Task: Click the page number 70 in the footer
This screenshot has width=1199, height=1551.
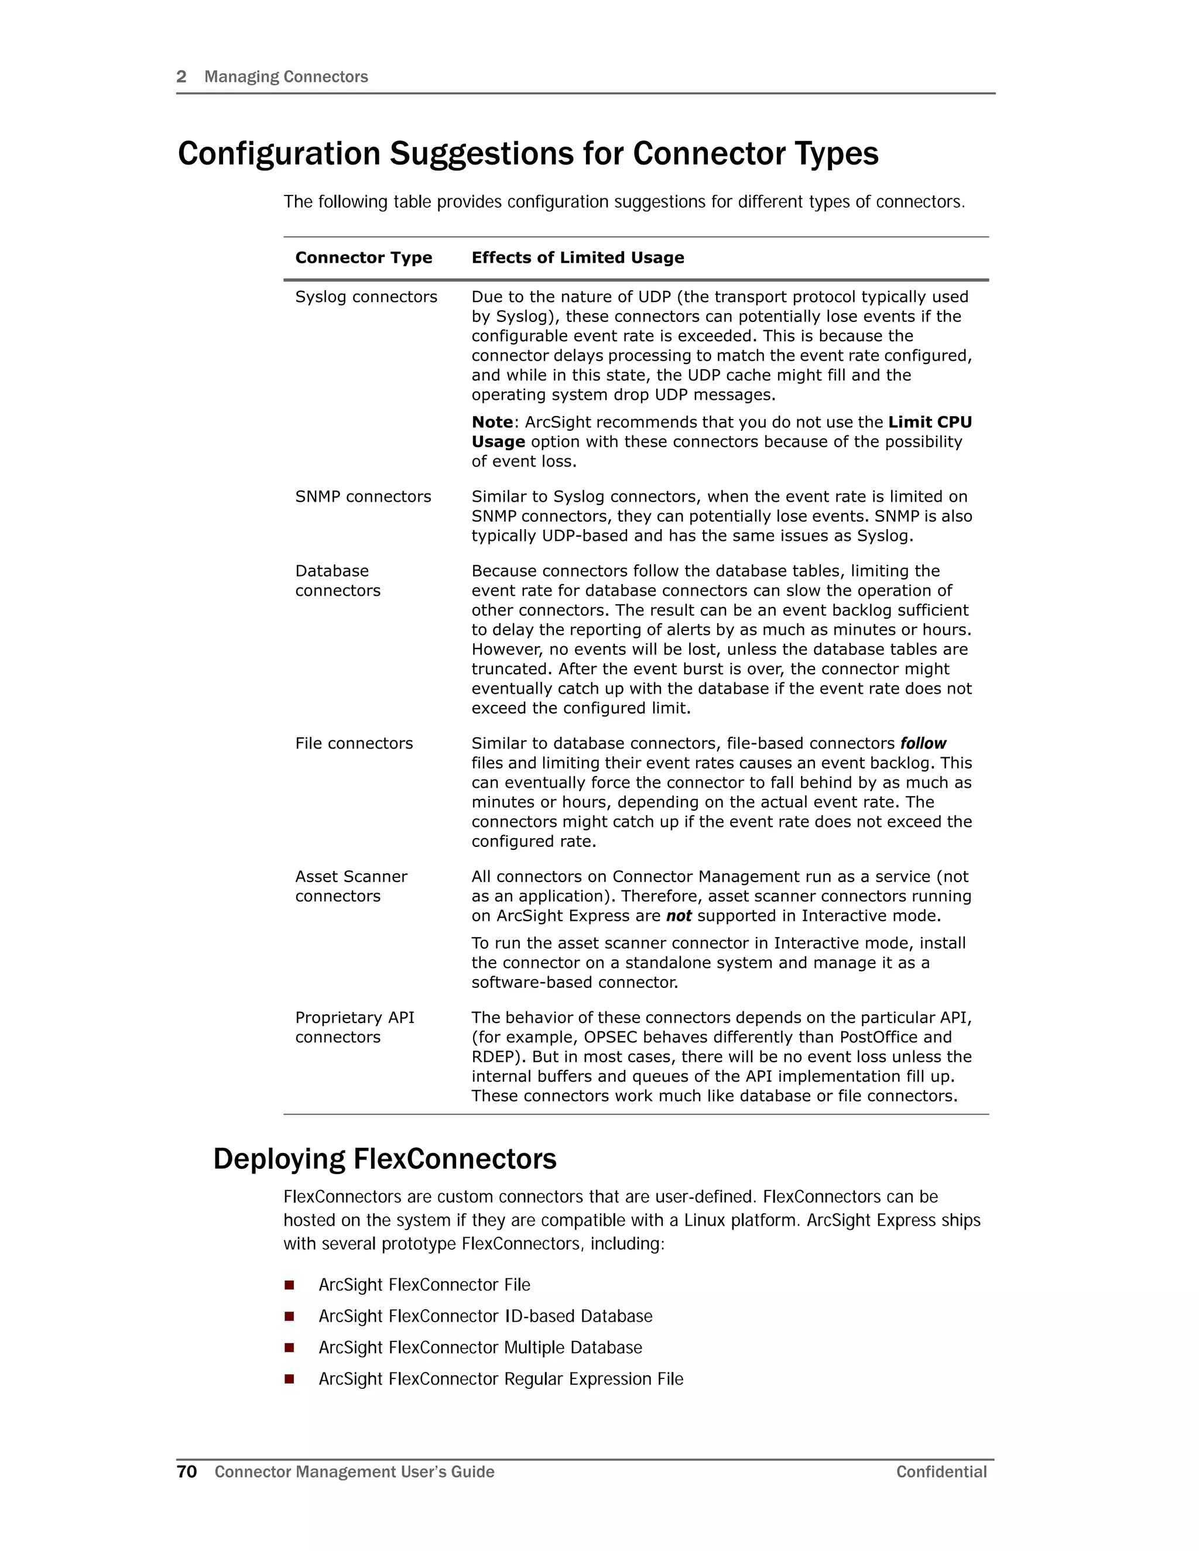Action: (x=187, y=1471)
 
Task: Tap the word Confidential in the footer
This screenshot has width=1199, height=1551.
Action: (x=941, y=1471)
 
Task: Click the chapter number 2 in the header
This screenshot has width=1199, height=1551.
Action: (x=181, y=77)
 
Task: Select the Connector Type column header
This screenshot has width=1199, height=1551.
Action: (x=364, y=258)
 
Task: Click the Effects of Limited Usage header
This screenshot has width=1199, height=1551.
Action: (x=577, y=258)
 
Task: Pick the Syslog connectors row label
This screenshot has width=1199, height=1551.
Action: (x=366, y=297)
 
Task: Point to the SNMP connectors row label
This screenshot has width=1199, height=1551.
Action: (x=363, y=496)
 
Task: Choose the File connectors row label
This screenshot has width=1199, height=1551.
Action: (x=354, y=743)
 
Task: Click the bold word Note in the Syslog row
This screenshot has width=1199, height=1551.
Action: (x=492, y=423)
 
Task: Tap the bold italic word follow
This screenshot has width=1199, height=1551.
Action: (x=923, y=743)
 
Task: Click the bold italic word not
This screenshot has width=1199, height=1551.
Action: (x=679, y=916)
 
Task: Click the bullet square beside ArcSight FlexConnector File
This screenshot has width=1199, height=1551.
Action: (x=289, y=1285)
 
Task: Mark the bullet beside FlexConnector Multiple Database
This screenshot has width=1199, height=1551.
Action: (x=289, y=1347)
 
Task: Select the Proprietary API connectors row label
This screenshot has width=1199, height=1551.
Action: (x=354, y=1028)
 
